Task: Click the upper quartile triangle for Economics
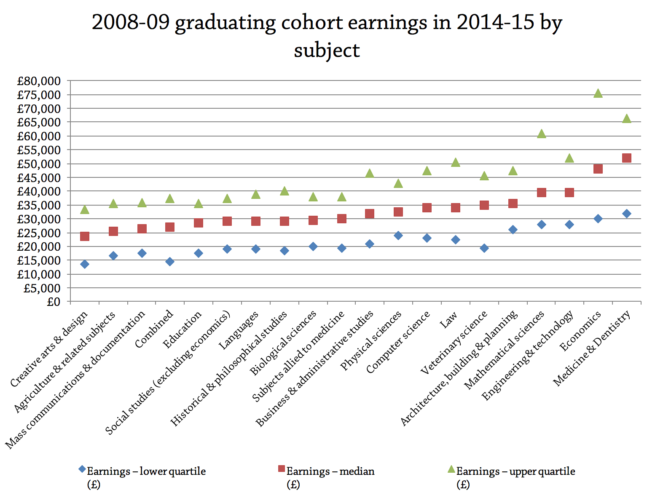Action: [598, 94]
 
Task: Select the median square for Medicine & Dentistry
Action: [626, 158]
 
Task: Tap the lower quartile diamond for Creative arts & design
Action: [85, 264]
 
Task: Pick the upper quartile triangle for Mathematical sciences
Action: [541, 134]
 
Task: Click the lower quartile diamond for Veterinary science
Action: [484, 248]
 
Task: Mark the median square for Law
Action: [455, 208]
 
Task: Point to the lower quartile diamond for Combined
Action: [170, 262]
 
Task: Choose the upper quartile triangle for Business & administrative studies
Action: [370, 174]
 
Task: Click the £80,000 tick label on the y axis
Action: [38, 81]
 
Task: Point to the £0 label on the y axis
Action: [53, 302]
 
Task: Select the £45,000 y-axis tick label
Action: [38, 178]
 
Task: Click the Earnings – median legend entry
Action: [330, 471]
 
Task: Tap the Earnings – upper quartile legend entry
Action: [515, 471]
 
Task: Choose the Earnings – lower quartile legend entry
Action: [146, 471]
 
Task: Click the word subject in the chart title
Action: [327, 51]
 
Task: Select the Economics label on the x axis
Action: [580, 332]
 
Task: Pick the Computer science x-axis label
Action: [399, 342]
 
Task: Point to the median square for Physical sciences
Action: [398, 212]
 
